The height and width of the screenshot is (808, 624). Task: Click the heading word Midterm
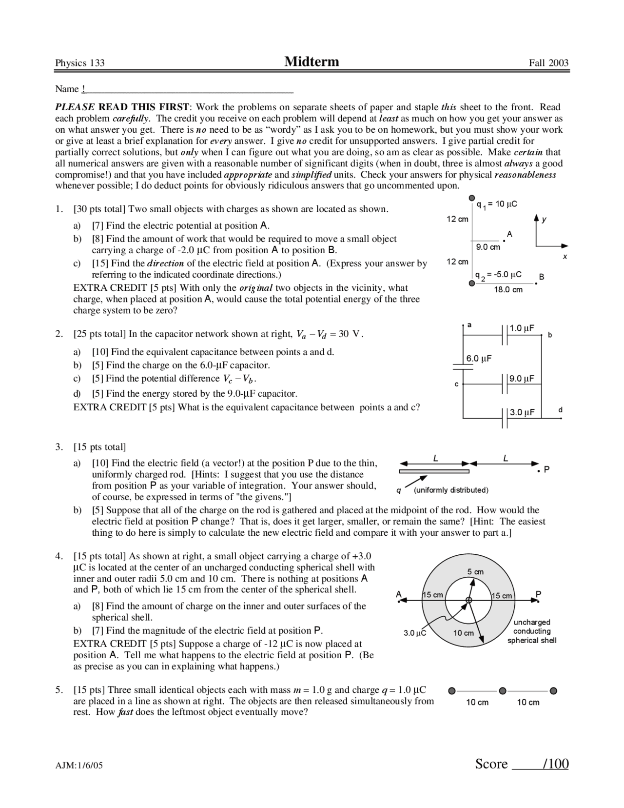(x=312, y=61)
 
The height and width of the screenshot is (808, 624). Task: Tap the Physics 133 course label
(x=80, y=63)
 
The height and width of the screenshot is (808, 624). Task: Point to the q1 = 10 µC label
(x=497, y=204)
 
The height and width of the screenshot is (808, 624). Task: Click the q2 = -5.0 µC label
(x=499, y=275)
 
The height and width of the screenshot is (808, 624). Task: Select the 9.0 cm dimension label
(x=488, y=247)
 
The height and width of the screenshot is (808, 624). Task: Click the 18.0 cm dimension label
(x=508, y=290)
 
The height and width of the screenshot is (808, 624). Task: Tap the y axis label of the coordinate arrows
(x=545, y=220)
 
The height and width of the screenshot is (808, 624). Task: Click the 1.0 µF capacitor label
(x=522, y=328)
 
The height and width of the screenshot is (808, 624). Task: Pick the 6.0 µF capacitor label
(x=479, y=359)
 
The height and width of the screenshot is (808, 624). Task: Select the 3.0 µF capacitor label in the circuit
(x=522, y=412)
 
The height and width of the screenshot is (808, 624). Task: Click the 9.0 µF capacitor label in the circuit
(x=522, y=379)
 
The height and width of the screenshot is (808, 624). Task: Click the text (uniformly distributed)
(x=451, y=490)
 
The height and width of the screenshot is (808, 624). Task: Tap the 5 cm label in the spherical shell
(x=475, y=571)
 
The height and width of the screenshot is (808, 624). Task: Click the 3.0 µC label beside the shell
(x=415, y=633)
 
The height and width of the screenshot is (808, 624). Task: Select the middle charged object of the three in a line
(x=503, y=691)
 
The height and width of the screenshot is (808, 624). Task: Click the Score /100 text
(x=522, y=764)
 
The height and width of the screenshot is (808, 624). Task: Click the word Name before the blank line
(x=67, y=89)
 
